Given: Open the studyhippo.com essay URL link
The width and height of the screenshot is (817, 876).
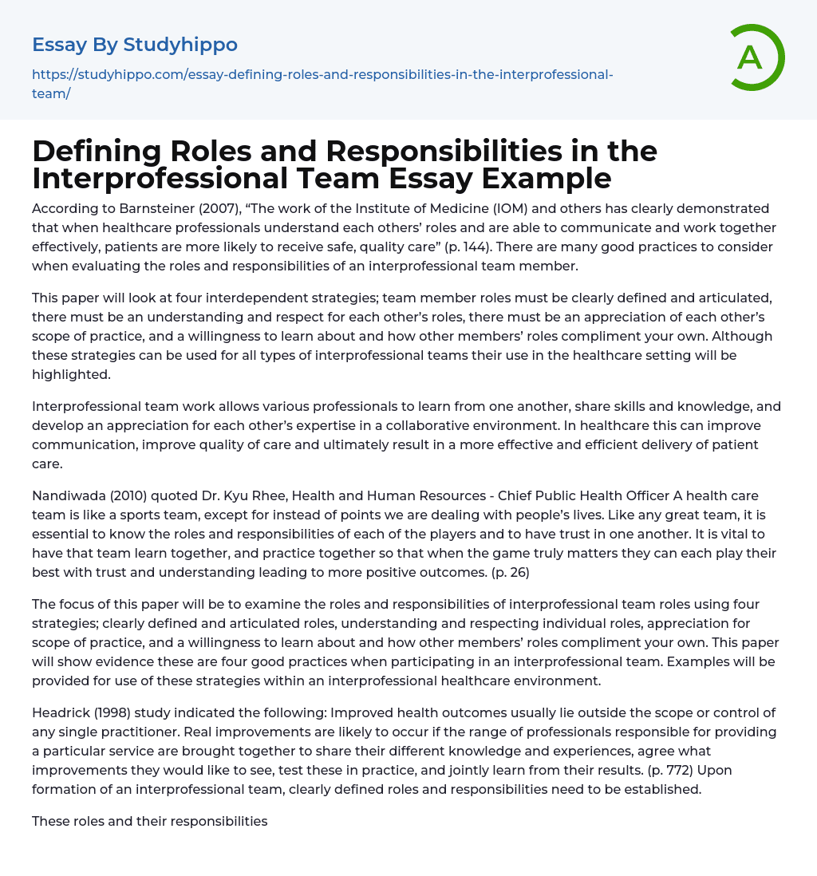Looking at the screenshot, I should click(322, 84).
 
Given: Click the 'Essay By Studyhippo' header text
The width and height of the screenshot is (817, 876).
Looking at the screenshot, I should click(135, 44).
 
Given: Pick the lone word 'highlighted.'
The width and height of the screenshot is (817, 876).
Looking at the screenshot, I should click(69, 374).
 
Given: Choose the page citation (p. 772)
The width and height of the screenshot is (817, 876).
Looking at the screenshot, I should click(645, 770).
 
